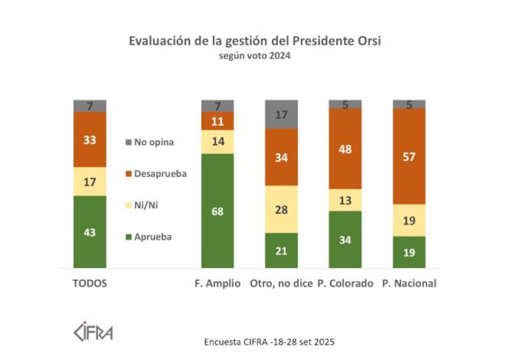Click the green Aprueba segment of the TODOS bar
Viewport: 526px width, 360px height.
tap(89, 231)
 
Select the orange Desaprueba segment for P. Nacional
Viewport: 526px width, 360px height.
tap(409, 156)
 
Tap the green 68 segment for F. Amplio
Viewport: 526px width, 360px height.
tap(218, 210)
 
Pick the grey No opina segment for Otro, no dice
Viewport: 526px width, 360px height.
tap(281, 114)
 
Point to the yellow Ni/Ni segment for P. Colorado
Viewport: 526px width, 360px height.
tap(345, 200)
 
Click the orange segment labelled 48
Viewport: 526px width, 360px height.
tap(345, 148)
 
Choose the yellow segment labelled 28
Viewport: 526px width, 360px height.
tap(281, 209)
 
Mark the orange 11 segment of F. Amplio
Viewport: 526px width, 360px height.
tap(218, 121)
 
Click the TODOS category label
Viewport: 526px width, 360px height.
tap(89, 284)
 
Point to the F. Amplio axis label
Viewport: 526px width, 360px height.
tap(218, 284)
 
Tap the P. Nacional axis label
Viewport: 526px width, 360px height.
tap(409, 284)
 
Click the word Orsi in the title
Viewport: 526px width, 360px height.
tap(368, 41)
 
